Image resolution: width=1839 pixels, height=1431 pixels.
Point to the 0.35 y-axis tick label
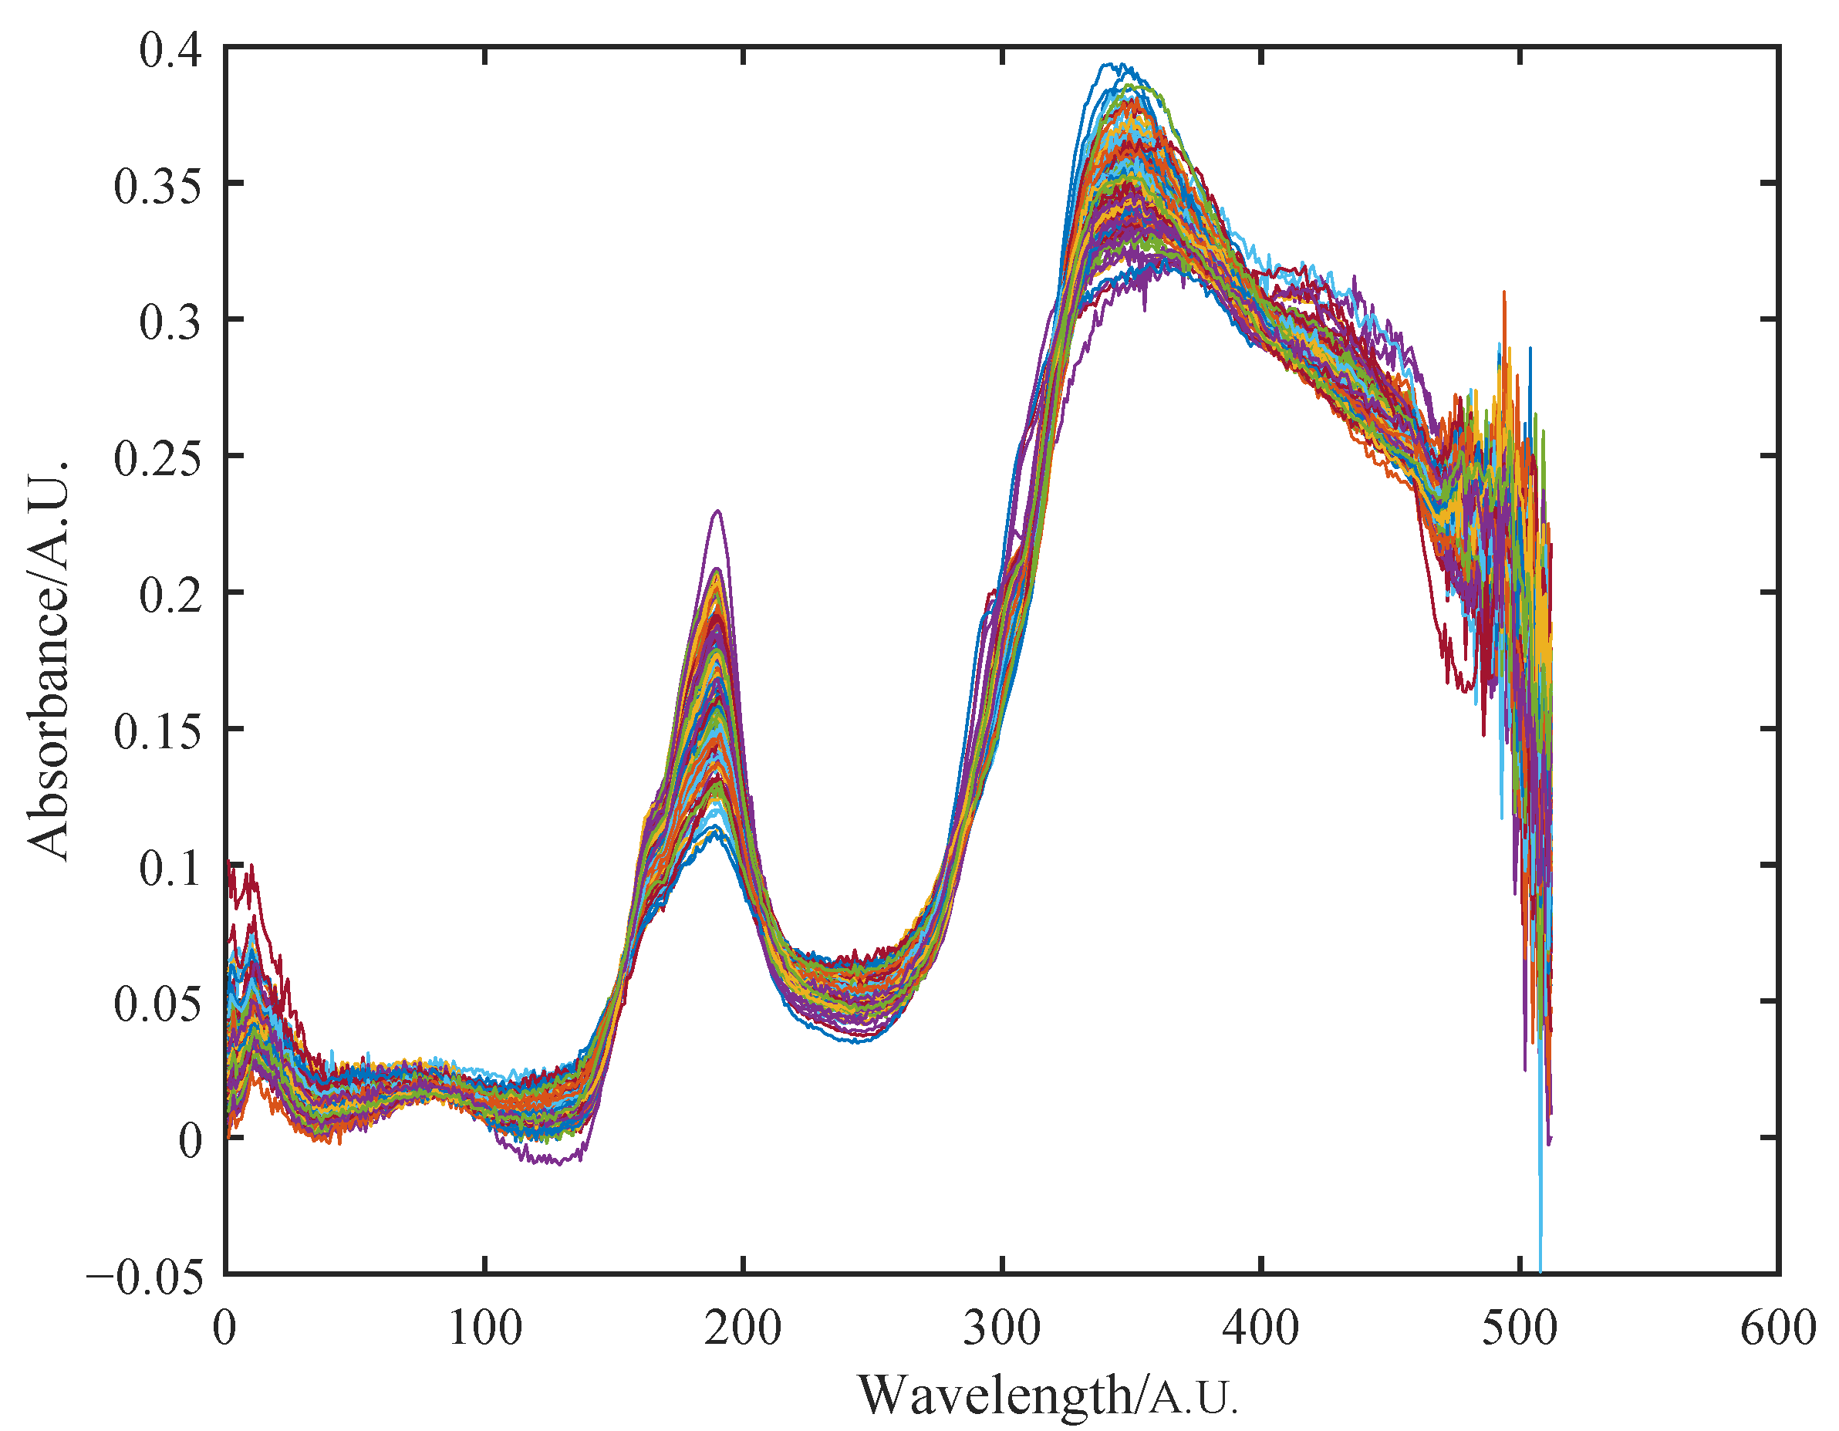pos(158,186)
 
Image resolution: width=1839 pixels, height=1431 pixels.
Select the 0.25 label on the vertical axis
pos(158,459)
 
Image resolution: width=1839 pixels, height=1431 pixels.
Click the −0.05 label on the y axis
pos(145,1277)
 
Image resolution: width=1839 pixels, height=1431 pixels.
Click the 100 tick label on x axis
pos(484,1329)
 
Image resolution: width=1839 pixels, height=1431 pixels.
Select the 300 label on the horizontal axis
pos(1002,1329)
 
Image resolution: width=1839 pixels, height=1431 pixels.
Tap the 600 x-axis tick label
pos(1778,1329)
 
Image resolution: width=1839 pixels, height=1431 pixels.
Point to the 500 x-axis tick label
pos(1520,1329)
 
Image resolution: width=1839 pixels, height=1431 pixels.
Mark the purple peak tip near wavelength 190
pos(717,511)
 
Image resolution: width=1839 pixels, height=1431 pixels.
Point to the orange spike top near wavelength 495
pos(1504,293)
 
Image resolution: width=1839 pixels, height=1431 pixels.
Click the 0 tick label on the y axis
pos(191,1141)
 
